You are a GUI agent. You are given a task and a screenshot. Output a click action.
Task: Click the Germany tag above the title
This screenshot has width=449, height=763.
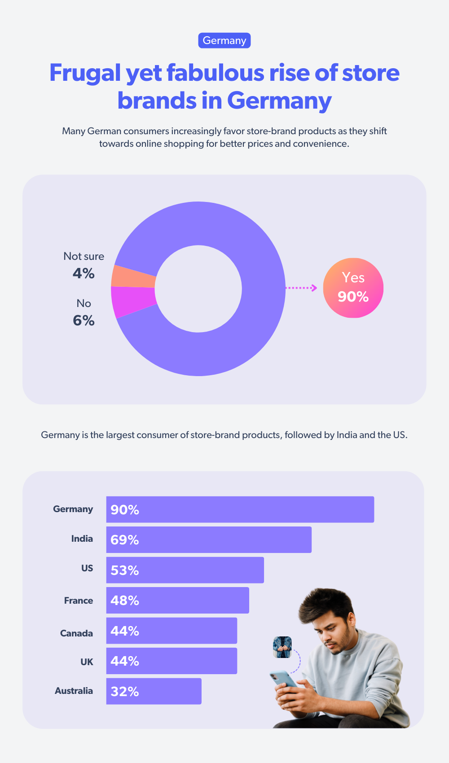(224, 40)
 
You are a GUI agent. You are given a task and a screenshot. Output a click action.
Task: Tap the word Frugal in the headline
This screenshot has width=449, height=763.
(85, 73)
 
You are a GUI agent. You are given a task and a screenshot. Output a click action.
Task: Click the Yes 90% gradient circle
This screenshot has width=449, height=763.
(353, 288)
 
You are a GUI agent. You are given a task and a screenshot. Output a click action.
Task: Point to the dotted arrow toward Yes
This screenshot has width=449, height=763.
(301, 288)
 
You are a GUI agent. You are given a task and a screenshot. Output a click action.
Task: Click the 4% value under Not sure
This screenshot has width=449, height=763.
(84, 273)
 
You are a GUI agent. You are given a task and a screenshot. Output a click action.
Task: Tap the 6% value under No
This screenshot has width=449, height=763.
(84, 320)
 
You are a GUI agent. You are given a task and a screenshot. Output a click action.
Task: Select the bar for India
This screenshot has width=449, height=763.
(209, 539)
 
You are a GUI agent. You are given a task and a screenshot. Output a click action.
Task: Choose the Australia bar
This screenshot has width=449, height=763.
(154, 691)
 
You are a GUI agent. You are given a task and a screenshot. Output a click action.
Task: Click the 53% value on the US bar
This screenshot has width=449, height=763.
(125, 570)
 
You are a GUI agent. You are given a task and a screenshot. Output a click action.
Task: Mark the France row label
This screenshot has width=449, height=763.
(79, 601)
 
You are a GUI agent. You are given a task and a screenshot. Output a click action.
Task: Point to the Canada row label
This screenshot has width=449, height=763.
(77, 633)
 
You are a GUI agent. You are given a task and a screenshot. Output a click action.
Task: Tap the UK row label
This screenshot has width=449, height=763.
(87, 662)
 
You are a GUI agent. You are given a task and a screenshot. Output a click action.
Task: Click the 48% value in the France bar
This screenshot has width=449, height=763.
(125, 601)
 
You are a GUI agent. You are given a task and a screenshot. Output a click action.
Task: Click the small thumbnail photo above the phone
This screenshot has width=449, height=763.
(282, 647)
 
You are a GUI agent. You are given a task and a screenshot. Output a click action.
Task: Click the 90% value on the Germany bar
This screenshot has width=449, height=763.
(125, 510)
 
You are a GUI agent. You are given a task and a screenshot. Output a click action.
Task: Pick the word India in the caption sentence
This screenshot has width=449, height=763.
(347, 435)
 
